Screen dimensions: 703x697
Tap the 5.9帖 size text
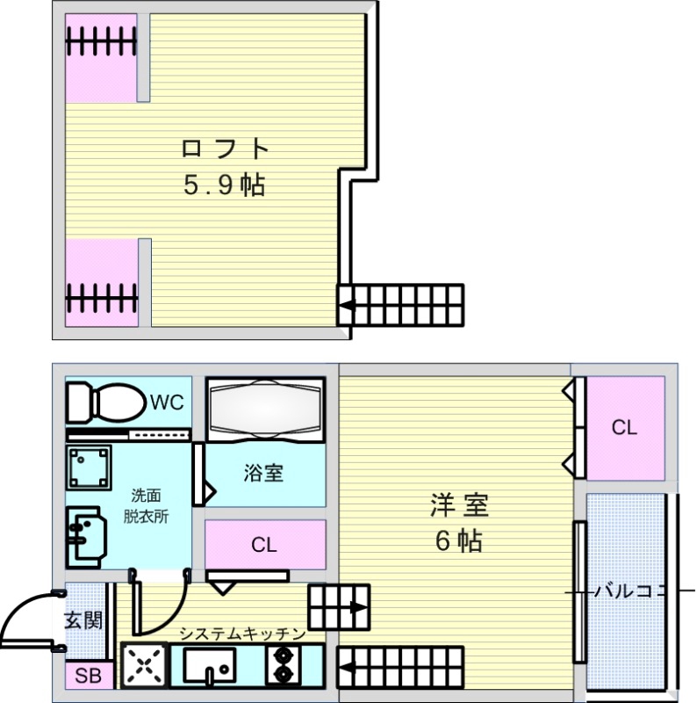coord(223,185)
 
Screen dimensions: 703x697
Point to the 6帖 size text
coord(458,541)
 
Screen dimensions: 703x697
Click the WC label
coord(166,402)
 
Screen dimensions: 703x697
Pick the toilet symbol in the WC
coord(105,403)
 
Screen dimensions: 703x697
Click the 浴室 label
coord(263,473)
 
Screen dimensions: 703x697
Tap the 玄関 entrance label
coord(84,620)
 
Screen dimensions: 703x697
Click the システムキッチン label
coord(242,634)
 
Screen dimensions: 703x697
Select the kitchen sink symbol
coord(209,666)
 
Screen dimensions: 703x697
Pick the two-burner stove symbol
coord(284,665)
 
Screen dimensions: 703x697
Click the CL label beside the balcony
coord(624,428)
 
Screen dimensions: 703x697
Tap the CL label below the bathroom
coord(263,545)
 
